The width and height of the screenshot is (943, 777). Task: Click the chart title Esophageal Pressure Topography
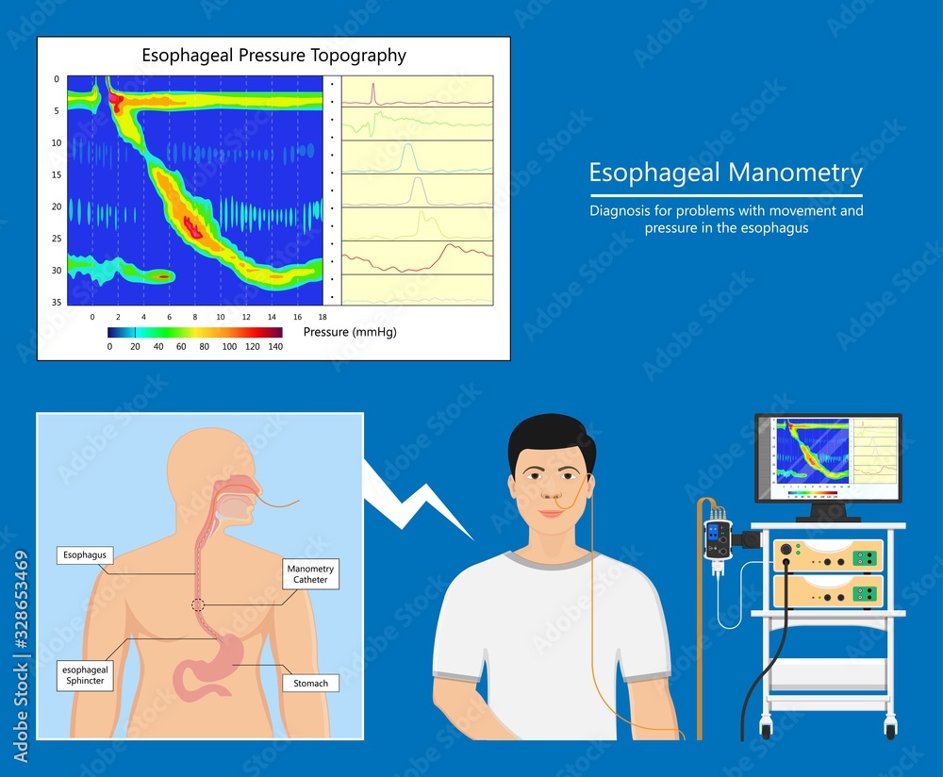point(273,55)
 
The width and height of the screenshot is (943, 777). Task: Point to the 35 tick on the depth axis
point(57,302)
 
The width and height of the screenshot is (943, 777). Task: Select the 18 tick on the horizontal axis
point(323,317)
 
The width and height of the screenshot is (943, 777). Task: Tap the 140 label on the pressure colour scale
point(275,346)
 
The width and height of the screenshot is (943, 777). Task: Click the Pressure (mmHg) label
point(350,332)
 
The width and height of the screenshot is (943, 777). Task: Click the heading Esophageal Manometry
point(725,174)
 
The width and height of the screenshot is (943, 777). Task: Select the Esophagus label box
point(85,555)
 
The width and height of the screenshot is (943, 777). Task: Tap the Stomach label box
point(310,683)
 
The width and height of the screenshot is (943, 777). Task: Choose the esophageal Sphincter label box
point(84,676)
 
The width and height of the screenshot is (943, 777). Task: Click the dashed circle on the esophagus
point(198,604)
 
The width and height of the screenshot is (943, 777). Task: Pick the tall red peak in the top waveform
point(374,91)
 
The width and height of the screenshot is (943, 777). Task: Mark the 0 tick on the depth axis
point(57,79)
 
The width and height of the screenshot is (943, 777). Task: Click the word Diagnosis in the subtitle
point(618,211)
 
